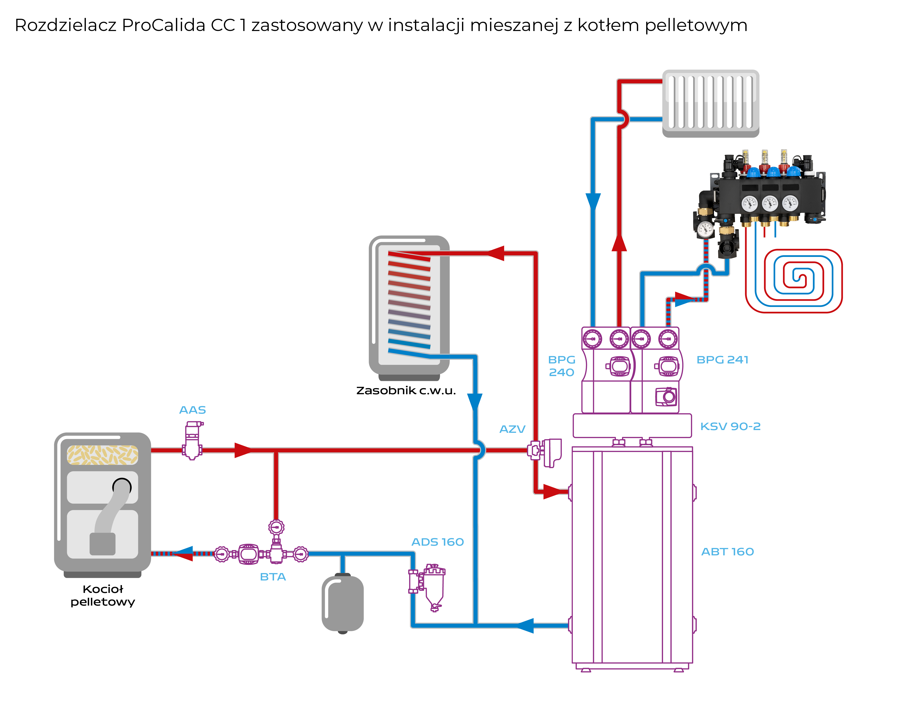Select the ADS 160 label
438,542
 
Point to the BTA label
273,577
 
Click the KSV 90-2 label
730,426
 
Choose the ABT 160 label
727,552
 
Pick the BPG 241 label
722,360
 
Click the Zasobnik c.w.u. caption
406,391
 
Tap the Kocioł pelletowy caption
103,596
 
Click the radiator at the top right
711,103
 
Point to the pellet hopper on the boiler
103,455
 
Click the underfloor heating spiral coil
794,281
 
